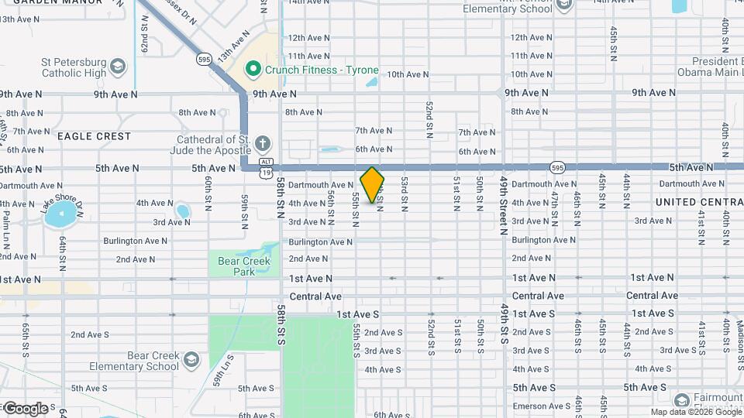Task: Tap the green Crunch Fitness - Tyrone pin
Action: point(252,69)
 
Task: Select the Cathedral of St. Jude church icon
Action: point(263,143)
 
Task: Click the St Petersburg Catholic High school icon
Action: point(118,65)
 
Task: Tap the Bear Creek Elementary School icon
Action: point(191,360)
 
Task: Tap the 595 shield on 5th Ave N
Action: point(557,167)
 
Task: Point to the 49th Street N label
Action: point(504,204)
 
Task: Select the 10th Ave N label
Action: point(408,74)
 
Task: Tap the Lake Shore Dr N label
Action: point(60,204)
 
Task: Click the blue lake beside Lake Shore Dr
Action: point(60,215)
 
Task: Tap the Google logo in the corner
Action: point(25,408)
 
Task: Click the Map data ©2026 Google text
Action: point(695,412)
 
